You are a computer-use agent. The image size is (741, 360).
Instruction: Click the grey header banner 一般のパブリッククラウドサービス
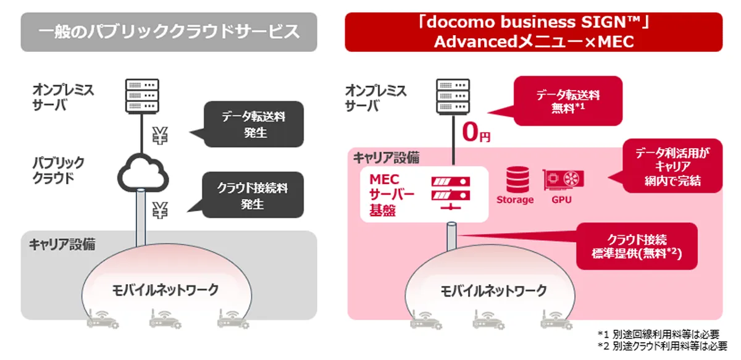point(169,32)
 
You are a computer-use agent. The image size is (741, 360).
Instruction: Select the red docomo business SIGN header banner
point(534,32)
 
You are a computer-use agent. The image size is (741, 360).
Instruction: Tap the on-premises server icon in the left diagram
point(142,96)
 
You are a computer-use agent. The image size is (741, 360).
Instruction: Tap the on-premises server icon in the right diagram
point(453,96)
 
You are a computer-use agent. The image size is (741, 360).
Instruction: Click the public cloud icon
point(143,173)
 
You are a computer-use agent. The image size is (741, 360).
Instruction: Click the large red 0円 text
point(475,132)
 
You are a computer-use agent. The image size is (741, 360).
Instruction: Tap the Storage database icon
point(517,179)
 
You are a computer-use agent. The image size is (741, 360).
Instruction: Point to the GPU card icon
point(563,180)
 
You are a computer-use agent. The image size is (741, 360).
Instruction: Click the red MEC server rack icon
point(451,193)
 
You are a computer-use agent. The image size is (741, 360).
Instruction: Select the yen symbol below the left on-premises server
point(160,136)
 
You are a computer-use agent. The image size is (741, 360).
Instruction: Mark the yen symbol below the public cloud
point(160,211)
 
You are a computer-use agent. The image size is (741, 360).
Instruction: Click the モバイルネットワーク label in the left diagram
point(165,290)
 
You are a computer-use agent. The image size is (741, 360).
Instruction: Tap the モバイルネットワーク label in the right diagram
point(493,291)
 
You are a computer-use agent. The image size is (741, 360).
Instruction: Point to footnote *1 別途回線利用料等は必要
point(658,334)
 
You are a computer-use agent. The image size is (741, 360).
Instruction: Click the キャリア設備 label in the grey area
point(62,245)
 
